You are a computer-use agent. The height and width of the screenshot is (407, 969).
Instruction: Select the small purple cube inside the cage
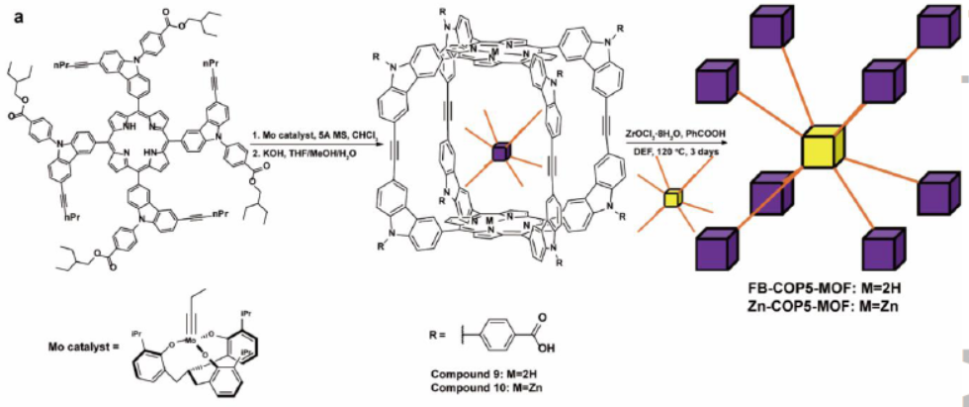501,153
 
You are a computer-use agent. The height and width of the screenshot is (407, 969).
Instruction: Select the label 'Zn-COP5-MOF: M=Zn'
827,305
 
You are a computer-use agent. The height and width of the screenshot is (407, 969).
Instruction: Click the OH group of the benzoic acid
541,346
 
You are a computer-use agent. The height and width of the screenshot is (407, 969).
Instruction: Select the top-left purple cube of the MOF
720,79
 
